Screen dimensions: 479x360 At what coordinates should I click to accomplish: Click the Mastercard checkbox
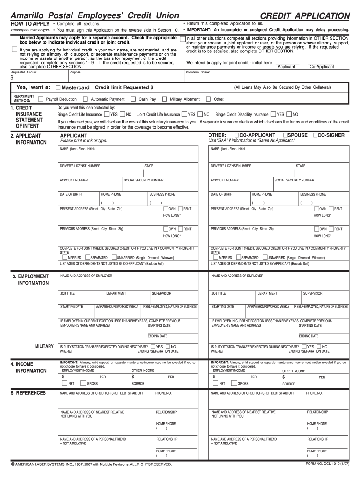pos(58,87)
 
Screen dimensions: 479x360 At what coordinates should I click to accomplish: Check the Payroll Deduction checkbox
pos(41,99)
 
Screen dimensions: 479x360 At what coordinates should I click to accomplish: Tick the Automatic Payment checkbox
pos(85,99)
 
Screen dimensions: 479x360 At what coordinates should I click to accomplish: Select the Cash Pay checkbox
pos(133,99)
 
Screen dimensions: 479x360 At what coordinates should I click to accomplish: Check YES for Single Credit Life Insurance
pos(107,114)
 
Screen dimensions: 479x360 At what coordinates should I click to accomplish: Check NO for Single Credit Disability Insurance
pos(288,114)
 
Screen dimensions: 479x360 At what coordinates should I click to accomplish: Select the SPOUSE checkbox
pos(285,135)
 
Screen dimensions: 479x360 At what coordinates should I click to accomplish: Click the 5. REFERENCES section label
pos(29,393)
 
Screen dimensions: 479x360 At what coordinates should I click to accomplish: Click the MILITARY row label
pos(44,346)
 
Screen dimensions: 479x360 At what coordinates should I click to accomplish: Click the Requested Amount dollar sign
pos(12,78)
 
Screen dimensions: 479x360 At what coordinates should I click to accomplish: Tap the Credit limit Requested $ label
pos(124,87)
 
